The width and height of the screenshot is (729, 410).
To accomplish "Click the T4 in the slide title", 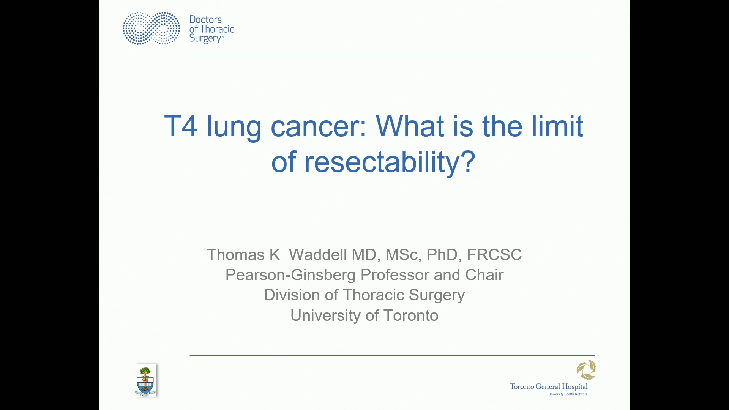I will coord(181,126).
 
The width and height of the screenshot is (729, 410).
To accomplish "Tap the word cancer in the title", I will coord(318,126).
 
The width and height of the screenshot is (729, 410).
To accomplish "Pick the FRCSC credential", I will coord(494,255).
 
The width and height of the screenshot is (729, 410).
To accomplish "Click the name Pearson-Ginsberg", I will coord(290,275).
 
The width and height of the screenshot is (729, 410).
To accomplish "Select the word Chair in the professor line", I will coord(484,275).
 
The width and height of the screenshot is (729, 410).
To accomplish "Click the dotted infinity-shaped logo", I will coord(151,28).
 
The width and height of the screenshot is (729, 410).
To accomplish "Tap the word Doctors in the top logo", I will coord(205,19).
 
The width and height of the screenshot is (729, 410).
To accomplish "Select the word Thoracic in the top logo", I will coord(217,29).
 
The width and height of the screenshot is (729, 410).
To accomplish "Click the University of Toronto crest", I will coord(145,380).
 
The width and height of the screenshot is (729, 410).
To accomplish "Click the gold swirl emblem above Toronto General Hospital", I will coord(586,370).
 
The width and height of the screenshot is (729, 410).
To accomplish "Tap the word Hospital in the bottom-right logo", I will coord(574,386).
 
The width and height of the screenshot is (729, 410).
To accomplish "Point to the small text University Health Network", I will coord(568,394).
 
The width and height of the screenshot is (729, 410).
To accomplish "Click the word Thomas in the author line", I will coord(235,255).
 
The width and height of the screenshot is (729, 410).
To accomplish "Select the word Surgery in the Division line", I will coord(437,295).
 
